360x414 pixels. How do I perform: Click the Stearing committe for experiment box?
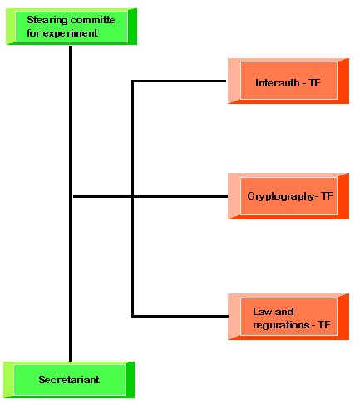coord(72,27)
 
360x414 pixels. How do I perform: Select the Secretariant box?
coord(69,380)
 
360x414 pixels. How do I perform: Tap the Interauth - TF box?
coord(288,81)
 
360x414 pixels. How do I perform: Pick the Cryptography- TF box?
coord(288,196)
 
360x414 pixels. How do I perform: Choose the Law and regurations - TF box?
coord(288,317)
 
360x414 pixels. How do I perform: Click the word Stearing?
coord(47,21)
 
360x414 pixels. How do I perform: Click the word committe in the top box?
coord(93,20)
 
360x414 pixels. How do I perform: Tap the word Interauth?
coord(278,83)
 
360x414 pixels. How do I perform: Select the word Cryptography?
coord(281,197)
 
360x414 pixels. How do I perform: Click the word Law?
coord(262,312)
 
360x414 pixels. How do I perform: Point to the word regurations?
coord(281,325)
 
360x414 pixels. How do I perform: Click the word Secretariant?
coord(69,380)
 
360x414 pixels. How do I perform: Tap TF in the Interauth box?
coord(314,83)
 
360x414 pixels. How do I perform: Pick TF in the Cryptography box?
coord(327,196)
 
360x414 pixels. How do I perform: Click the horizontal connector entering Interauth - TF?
coord(179,81)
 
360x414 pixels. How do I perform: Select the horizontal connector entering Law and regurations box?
coord(180,316)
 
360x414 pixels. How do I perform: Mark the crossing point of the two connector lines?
coord(133,196)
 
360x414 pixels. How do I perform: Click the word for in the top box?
coord(33,33)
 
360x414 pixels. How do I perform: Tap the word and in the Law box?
coord(284,312)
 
